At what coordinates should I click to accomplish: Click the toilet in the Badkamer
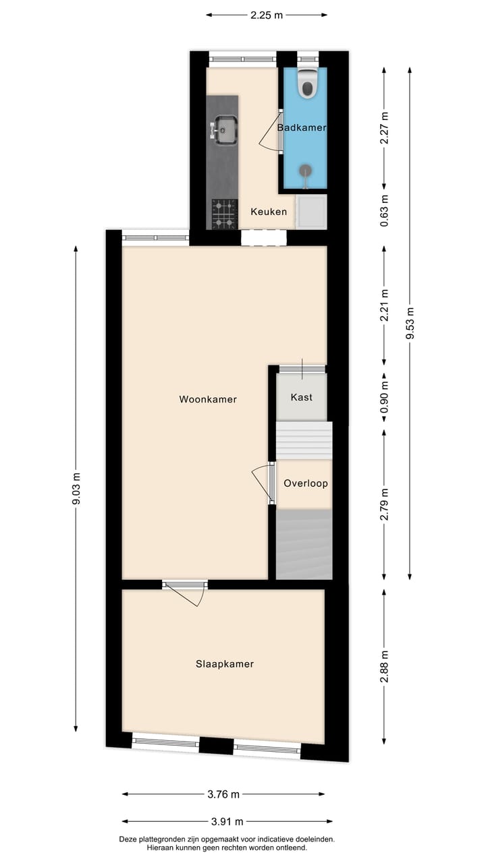307,83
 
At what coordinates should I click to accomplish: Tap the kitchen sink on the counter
225,129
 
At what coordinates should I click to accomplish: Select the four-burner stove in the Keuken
225,214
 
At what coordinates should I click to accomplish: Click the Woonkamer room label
208,399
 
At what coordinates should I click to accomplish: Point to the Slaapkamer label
225,664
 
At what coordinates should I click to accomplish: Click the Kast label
302,397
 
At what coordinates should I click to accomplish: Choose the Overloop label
306,483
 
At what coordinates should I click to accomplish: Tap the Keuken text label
269,212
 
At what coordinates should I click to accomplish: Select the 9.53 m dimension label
410,324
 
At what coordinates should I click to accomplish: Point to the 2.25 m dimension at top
267,15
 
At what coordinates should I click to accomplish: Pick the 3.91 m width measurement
227,821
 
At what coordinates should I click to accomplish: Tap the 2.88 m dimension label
384,667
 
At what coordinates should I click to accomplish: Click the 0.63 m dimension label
384,210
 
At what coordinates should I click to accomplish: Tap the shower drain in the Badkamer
306,170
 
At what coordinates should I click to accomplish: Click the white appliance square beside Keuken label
312,211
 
